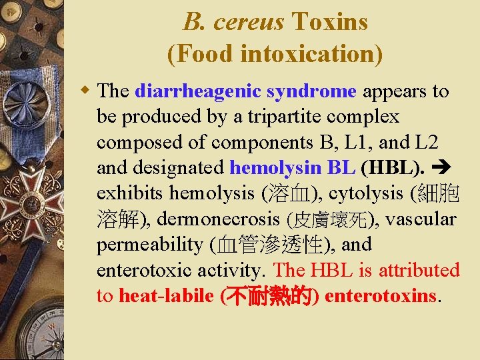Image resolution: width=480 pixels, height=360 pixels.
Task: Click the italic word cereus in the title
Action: point(249,22)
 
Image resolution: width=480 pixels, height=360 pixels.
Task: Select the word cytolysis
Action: point(369,193)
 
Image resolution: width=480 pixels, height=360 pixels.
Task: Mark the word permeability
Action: point(150,245)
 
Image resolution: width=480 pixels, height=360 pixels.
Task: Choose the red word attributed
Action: point(419,270)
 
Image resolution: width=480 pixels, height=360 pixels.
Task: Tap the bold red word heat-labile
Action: point(167,295)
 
